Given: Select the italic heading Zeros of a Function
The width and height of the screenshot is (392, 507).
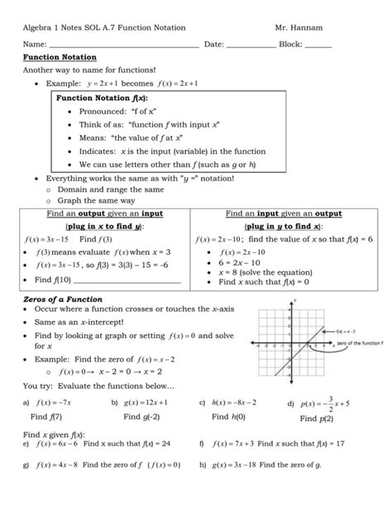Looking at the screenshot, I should pyautogui.click(x=62, y=298).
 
